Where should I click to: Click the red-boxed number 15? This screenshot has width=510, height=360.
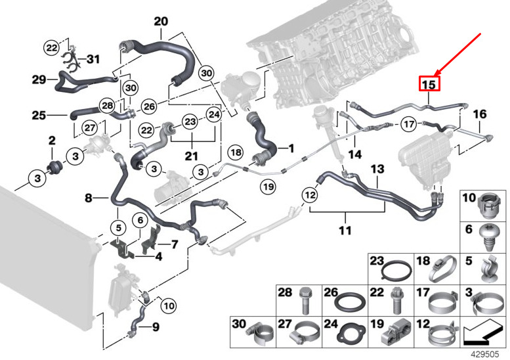pyautogui.click(x=429, y=83)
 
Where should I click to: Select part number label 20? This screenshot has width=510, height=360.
pyautogui.click(x=161, y=22)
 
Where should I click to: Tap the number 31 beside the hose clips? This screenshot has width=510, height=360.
pyautogui.click(x=93, y=59)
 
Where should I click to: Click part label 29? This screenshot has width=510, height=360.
pyautogui.click(x=39, y=79)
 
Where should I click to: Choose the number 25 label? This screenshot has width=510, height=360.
pyautogui.click(x=39, y=115)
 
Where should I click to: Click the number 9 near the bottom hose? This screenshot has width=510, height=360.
pyautogui.click(x=156, y=326)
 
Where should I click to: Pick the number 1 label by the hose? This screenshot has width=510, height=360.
pyautogui.click(x=291, y=148)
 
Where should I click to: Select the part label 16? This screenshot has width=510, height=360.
pyautogui.click(x=480, y=114)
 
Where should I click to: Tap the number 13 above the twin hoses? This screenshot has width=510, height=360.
pyautogui.click(x=377, y=169)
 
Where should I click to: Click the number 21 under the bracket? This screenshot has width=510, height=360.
pyautogui.click(x=192, y=156)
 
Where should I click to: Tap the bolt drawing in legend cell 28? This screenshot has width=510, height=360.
pyautogui.click(x=305, y=300)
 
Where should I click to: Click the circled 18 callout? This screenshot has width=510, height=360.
pyautogui.click(x=236, y=152)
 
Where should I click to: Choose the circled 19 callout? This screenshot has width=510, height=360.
pyautogui.click(x=268, y=187)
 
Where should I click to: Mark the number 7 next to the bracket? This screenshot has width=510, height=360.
pyautogui.click(x=175, y=244)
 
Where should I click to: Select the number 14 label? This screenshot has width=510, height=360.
pyautogui.click(x=355, y=154)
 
